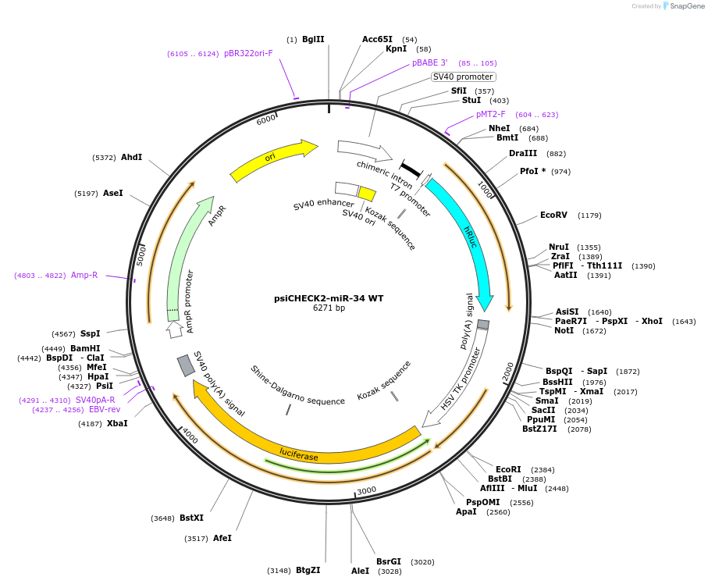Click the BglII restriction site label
pyautogui.click(x=312, y=39)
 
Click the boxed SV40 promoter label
pyautogui.click(x=463, y=77)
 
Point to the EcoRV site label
pyautogui.click(x=553, y=215)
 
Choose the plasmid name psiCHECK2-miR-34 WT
pyautogui.click(x=329, y=298)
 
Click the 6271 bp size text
pyautogui.click(x=329, y=308)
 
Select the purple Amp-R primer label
pyautogui.click(x=84, y=275)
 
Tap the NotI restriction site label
pyautogui.click(x=564, y=330)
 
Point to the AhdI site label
pyautogui.click(x=131, y=157)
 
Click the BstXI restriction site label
pyautogui.click(x=191, y=518)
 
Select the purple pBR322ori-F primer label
pyautogui.click(x=248, y=54)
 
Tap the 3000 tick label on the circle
pyautogui.click(x=366, y=490)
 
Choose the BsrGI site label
pyautogui.click(x=388, y=561)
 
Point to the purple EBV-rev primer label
pyautogui.click(x=105, y=409)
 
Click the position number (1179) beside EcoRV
pyautogui.click(x=589, y=215)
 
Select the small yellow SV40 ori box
pyautogui.click(x=367, y=194)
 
